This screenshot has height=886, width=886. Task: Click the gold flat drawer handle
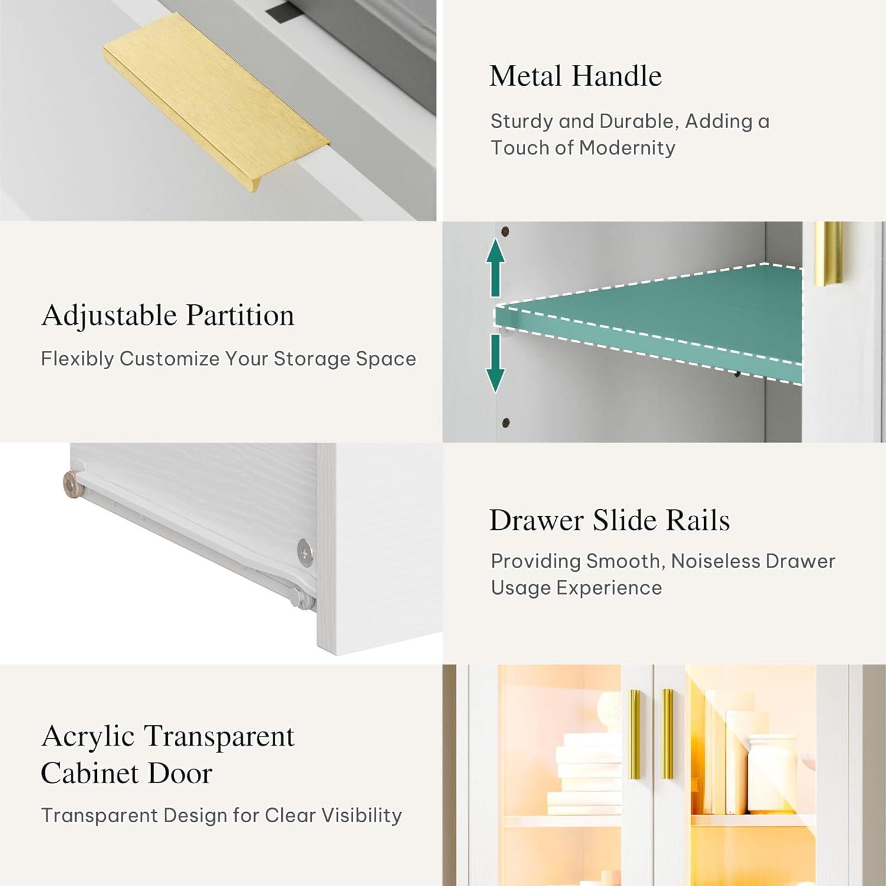216,100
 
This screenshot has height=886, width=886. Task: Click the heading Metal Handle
575,76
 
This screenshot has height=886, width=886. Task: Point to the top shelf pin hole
505,231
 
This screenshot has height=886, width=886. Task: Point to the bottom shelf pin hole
506,422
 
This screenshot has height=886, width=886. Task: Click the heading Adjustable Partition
168,316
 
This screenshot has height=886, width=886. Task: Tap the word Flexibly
77,359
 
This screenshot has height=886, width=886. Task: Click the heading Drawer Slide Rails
610,520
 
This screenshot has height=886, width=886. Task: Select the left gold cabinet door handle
634,734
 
